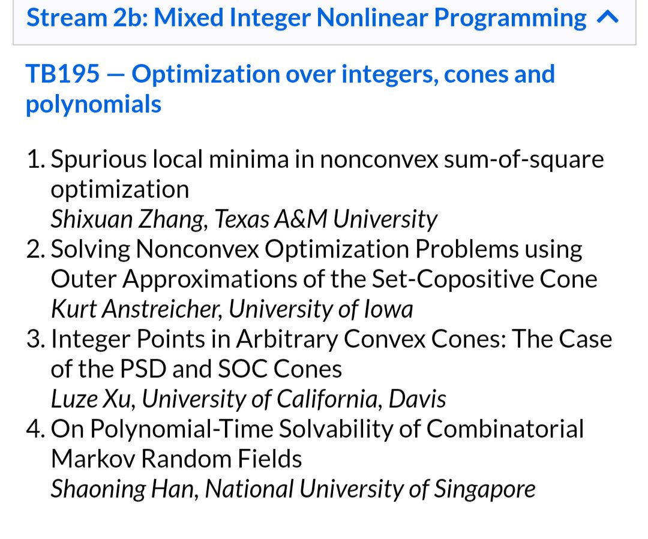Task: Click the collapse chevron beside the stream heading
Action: coord(608,17)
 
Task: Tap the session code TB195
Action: coord(63,74)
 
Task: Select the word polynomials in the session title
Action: coord(94,104)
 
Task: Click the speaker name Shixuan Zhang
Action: coord(129,219)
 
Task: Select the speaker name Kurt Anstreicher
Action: coord(136,309)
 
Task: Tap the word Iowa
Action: coord(388,309)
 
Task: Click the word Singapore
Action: coord(484,489)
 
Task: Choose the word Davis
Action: coord(417,399)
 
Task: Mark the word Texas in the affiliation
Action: coord(242,219)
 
